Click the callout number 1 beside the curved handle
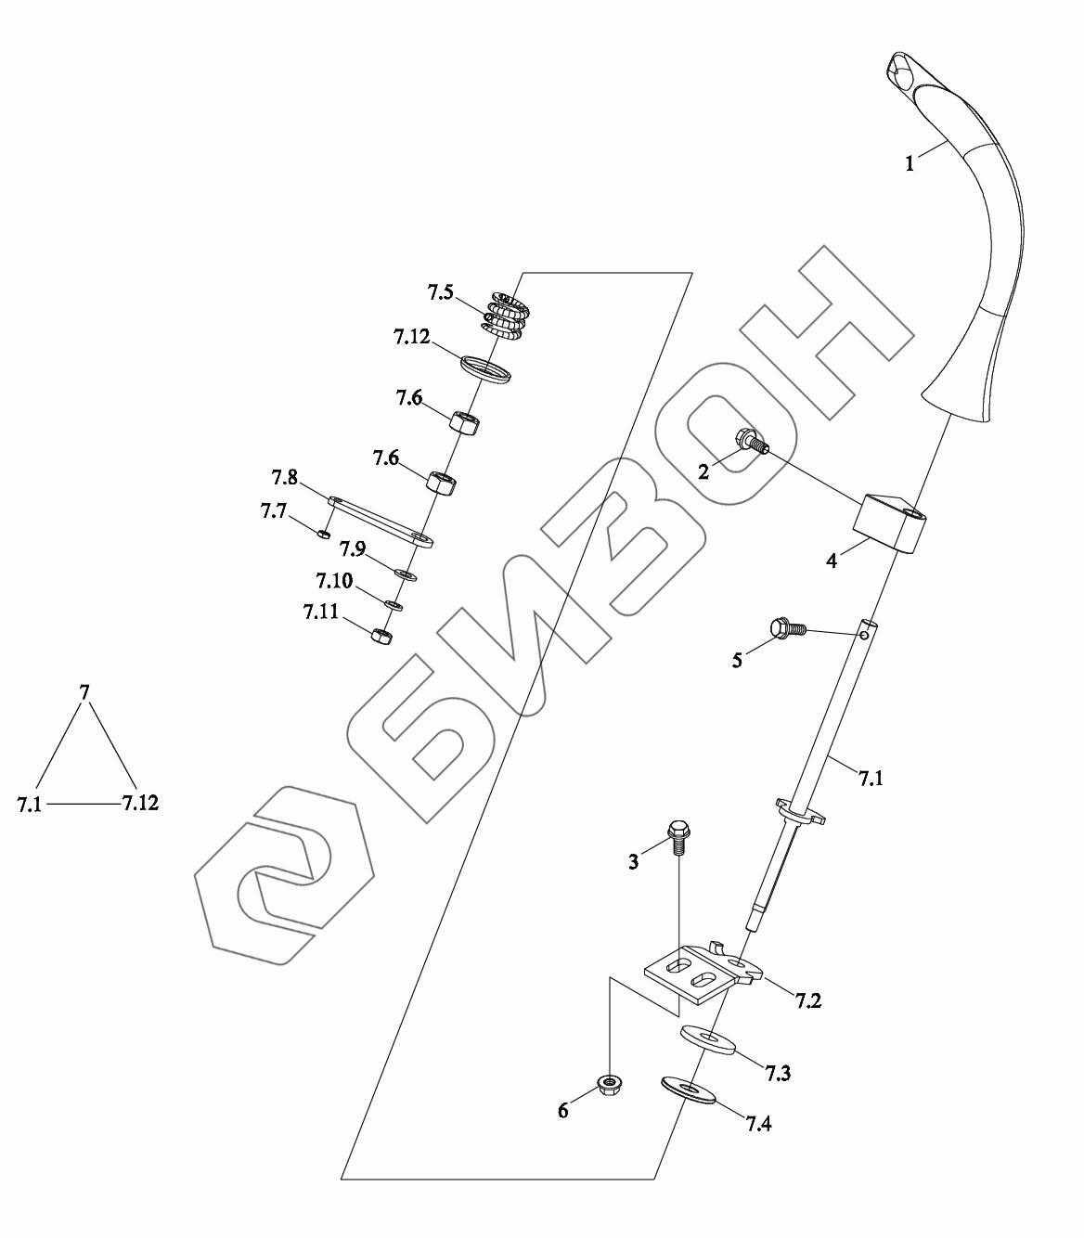pyautogui.click(x=910, y=164)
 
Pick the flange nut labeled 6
pyautogui.click(x=608, y=1084)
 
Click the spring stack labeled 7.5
pyautogui.click(x=505, y=314)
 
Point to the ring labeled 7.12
pyautogui.click(x=485, y=367)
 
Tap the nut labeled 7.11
pyautogui.click(x=381, y=636)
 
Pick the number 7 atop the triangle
pyautogui.click(x=84, y=692)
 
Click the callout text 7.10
pyautogui.click(x=333, y=582)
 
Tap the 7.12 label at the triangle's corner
pyautogui.click(x=140, y=803)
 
